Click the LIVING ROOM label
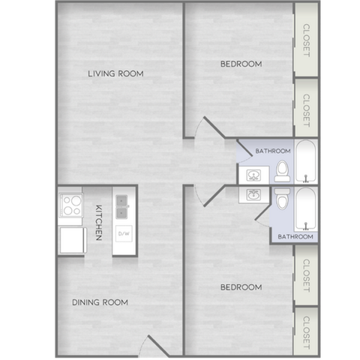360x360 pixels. pyautogui.click(x=115, y=73)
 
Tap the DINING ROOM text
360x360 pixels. pyautogui.click(x=100, y=302)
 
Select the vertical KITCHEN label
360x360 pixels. pyautogui.click(x=99, y=223)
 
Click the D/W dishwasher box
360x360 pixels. pyautogui.click(x=124, y=233)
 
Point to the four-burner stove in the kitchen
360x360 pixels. pyautogui.click(x=71, y=205)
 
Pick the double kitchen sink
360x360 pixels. pyautogui.click(x=122, y=207)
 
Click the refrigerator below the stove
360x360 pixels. pyautogui.click(x=73, y=240)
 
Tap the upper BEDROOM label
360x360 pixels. pyautogui.click(x=241, y=64)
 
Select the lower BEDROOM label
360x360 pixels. pyautogui.click(x=241, y=287)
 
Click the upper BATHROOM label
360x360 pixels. pyautogui.click(x=273, y=151)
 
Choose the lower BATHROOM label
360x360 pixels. pyautogui.click(x=295, y=236)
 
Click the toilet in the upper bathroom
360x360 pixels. pyautogui.click(x=283, y=171)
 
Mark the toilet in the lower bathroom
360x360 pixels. pyautogui.click(x=283, y=199)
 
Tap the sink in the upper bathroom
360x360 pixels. pyautogui.click(x=253, y=175)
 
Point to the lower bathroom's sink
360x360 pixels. pyautogui.click(x=253, y=195)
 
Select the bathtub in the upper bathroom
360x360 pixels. pyautogui.click(x=306, y=161)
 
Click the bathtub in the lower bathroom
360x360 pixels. pyautogui.click(x=306, y=209)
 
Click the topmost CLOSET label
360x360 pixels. pyautogui.click(x=307, y=40)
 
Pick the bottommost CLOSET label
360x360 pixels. pyautogui.click(x=307, y=333)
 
